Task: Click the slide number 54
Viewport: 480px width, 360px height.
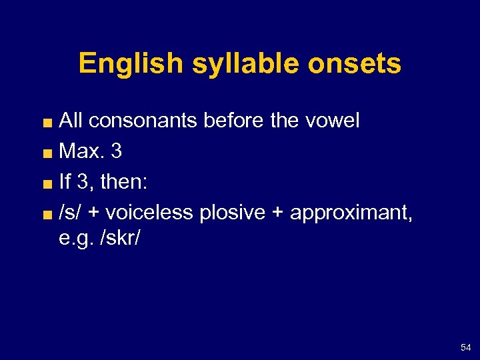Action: tap(465, 347)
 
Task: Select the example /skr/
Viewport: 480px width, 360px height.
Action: tap(119, 239)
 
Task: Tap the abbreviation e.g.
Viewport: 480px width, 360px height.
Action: tap(75, 239)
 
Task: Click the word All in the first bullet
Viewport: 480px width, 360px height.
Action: tap(71, 121)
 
